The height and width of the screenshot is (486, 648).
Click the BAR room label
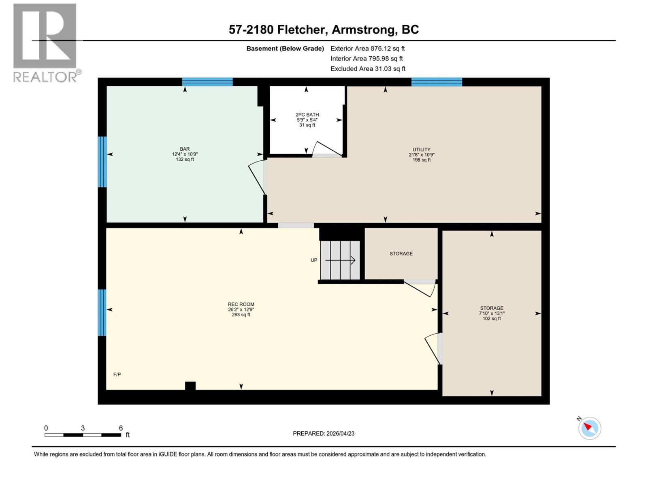185,149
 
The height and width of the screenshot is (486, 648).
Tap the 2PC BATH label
307,115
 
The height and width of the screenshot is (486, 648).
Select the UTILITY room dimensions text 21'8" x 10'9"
421,155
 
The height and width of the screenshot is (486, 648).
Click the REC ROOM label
241,304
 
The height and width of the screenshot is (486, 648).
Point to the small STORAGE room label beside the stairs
401,254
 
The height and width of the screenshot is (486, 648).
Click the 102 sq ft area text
492,319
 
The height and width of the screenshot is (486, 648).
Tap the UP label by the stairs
314,260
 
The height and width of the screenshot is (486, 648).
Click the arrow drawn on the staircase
340,260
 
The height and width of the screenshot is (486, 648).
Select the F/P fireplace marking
117,374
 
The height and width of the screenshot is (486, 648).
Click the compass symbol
590,428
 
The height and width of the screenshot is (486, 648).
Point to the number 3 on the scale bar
83,428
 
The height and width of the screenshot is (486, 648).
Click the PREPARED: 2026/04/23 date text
324,433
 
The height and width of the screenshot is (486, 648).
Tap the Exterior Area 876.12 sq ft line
368,48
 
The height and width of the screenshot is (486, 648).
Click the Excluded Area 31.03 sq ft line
368,69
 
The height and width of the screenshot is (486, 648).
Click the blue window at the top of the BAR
207,82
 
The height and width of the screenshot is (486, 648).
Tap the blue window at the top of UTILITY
437,82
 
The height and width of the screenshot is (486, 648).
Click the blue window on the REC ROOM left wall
102,312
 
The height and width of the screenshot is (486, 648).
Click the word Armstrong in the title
364,30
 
